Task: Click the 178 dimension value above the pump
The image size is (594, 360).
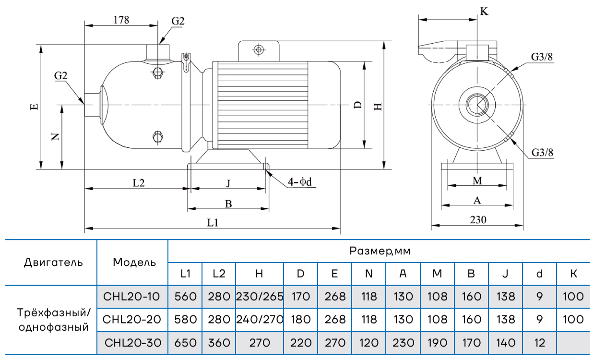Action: pyautogui.click(x=121, y=20)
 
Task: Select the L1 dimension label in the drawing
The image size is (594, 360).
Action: pyautogui.click(x=213, y=223)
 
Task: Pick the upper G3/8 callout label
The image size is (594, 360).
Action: pyautogui.click(x=542, y=57)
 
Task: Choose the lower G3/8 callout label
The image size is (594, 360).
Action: pyautogui.click(x=542, y=153)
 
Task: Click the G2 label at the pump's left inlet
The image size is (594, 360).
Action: pyautogui.click(x=60, y=76)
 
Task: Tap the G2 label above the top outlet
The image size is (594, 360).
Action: pyautogui.click(x=178, y=21)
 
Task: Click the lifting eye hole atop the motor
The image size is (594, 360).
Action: pyautogui.click(x=259, y=50)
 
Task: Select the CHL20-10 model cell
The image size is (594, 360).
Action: pyautogui.click(x=132, y=297)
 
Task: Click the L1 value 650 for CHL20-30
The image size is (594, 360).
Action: pyautogui.click(x=185, y=343)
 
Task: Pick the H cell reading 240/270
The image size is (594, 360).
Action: pyautogui.click(x=259, y=320)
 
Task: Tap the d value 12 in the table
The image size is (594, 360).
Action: pyautogui.click(x=540, y=343)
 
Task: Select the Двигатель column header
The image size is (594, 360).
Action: pyautogui.click(x=53, y=263)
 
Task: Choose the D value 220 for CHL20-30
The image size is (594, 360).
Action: pyautogui.click(x=300, y=343)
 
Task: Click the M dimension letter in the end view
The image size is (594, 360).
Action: pyautogui.click(x=477, y=180)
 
